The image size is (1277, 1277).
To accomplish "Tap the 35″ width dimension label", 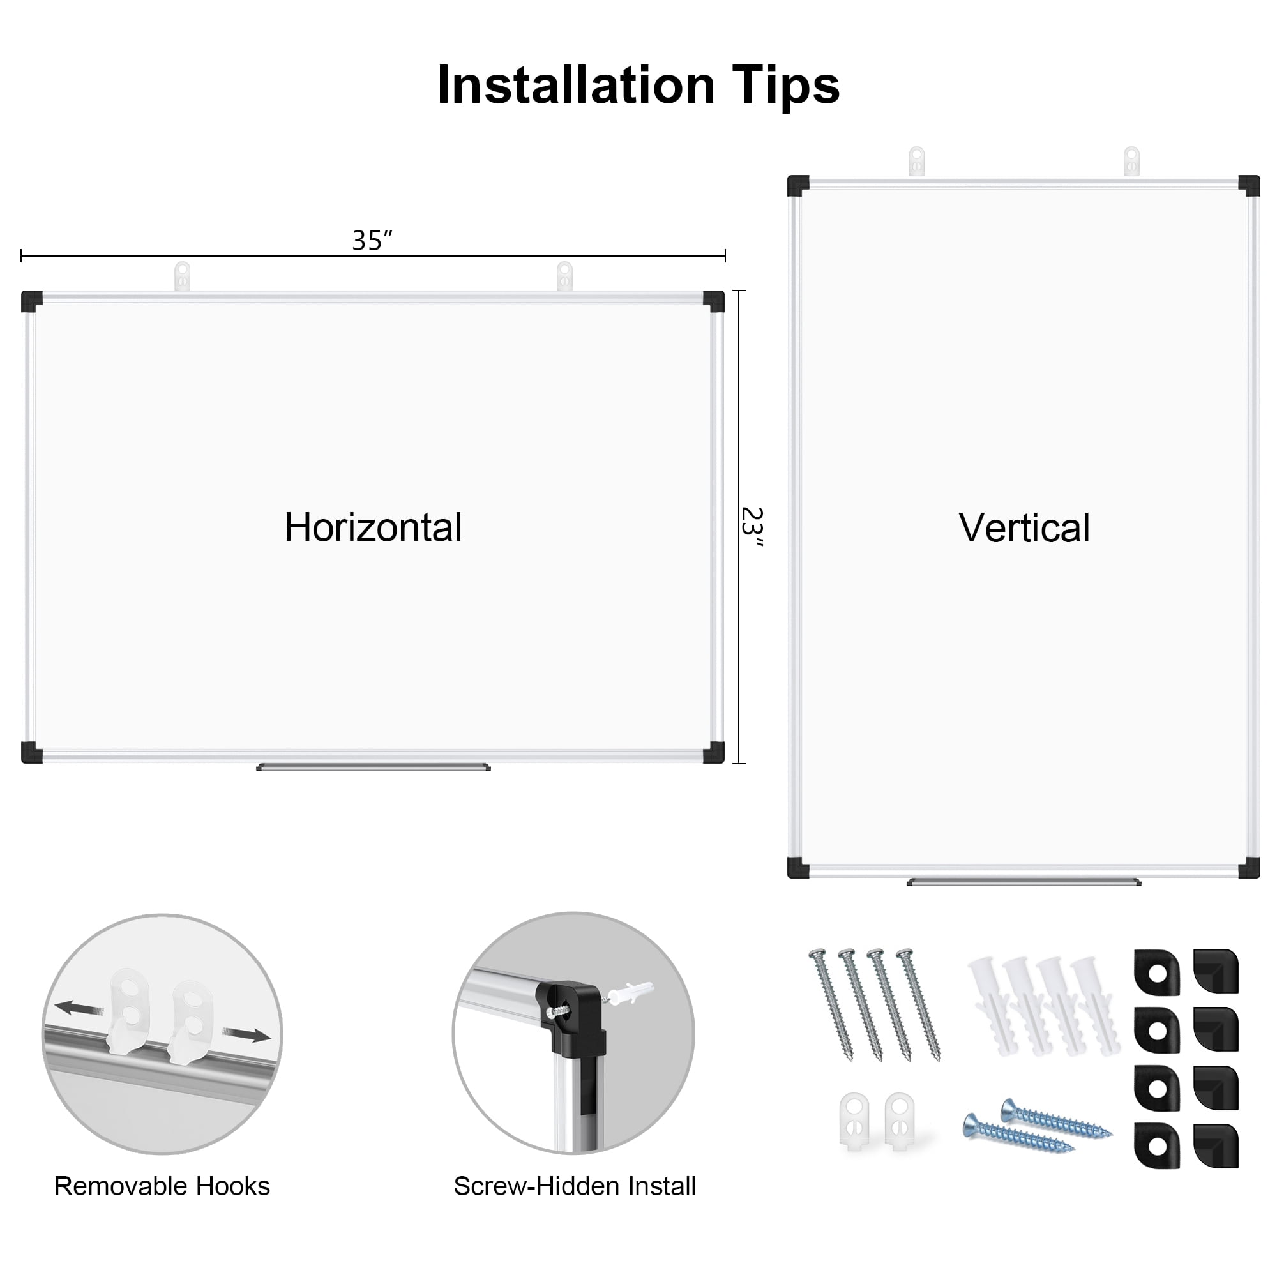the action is coord(372,241).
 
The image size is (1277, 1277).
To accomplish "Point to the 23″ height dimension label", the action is coord(752,527).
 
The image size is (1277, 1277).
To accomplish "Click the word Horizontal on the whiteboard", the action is coord(373,527).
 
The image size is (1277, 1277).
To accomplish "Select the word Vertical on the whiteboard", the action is coord(1024,528).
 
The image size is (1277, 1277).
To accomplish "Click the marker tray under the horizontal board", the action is coord(374,767).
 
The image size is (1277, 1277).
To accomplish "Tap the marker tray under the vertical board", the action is coord(1024,882).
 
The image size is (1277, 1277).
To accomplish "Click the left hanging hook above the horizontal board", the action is coord(182,276).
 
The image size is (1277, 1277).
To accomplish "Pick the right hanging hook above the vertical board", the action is coord(1131,162).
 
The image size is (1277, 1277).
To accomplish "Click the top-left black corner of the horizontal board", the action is coord(32,301).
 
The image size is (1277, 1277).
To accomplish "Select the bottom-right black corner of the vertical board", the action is coord(1250,867).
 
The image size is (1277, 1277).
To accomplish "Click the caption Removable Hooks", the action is coord(162,1186).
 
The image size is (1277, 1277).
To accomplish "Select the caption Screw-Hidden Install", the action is coord(575,1186).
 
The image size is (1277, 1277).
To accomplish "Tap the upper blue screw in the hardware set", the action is coord(1056,1119).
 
